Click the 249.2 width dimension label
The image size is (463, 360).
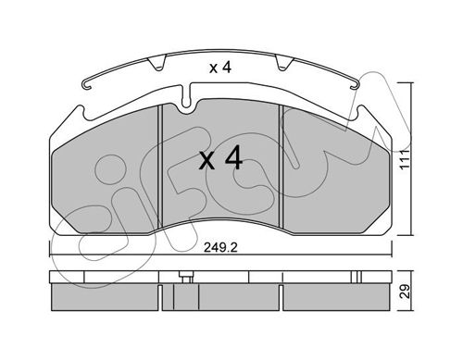click(220, 247)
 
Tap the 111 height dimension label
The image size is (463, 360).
click(404, 159)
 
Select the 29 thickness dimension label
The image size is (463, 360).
click(405, 291)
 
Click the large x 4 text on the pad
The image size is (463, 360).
click(220, 159)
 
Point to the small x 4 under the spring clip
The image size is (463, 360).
click(220, 68)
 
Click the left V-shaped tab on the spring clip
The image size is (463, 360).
click(157, 63)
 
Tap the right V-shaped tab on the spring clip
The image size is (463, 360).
click(284, 63)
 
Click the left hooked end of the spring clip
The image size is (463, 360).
click(87, 85)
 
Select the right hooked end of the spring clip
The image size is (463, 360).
click(355, 85)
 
